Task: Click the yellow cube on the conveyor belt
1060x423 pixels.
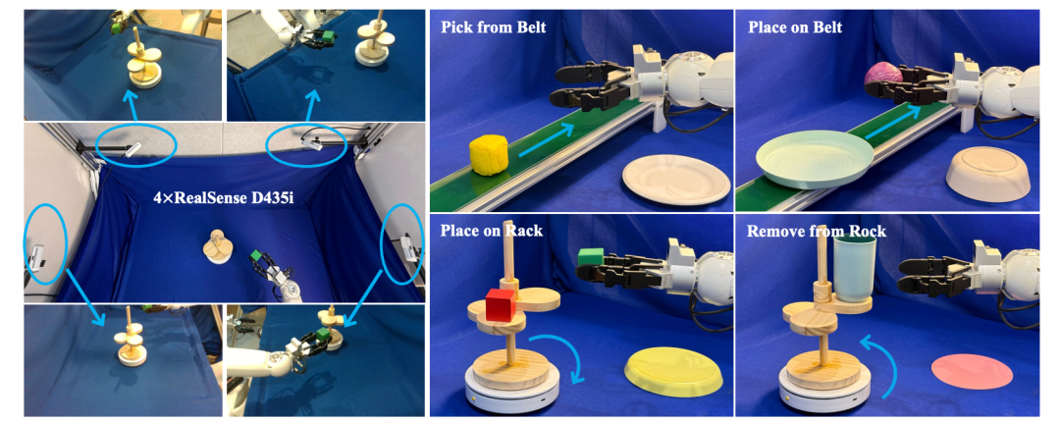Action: pyautogui.click(x=488, y=155)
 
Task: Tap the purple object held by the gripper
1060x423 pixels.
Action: pyautogui.click(x=881, y=73)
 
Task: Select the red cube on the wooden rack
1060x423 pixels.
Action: pyautogui.click(x=501, y=304)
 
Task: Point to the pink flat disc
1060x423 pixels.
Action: pyautogui.click(x=972, y=372)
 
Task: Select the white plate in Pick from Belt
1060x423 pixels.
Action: pyautogui.click(x=676, y=179)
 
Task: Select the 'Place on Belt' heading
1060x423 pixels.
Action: pyautogui.click(x=789, y=27)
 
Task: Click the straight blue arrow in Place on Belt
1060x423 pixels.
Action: pyautogui.click(x=893, y=123)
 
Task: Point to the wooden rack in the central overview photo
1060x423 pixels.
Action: pyautogui.click(x=218, y=246)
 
